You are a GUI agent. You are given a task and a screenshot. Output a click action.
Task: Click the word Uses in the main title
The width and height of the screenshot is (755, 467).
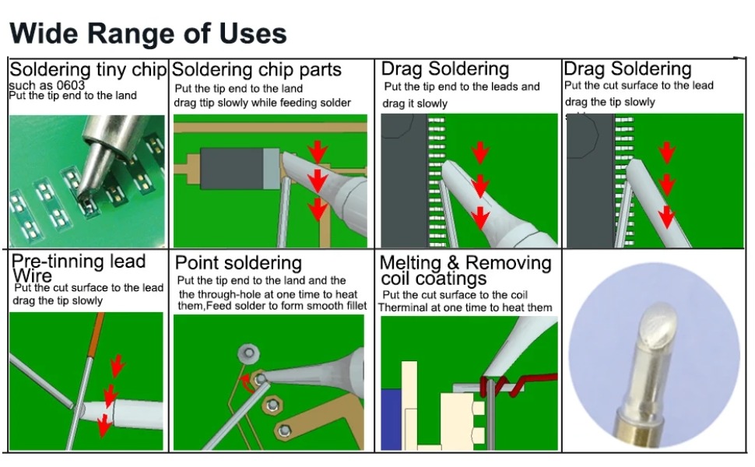248,33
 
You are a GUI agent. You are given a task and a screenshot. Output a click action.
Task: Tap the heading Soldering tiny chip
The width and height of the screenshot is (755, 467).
88,69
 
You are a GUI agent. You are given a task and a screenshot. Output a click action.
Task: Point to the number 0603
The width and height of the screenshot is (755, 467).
70,84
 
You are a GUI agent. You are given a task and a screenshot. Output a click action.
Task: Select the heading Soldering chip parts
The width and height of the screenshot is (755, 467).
256,70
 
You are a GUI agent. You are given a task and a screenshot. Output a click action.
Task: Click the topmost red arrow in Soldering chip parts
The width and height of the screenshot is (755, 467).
317,149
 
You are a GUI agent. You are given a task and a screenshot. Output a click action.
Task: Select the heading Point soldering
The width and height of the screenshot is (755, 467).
238,262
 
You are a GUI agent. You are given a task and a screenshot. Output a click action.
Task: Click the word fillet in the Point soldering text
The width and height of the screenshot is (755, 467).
349,307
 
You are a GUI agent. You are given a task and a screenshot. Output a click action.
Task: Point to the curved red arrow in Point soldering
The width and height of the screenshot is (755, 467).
248,381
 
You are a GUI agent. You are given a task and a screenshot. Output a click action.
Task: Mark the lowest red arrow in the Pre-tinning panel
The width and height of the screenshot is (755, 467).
104,425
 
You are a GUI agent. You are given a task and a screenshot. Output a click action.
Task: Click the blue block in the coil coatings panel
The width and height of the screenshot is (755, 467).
390,416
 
